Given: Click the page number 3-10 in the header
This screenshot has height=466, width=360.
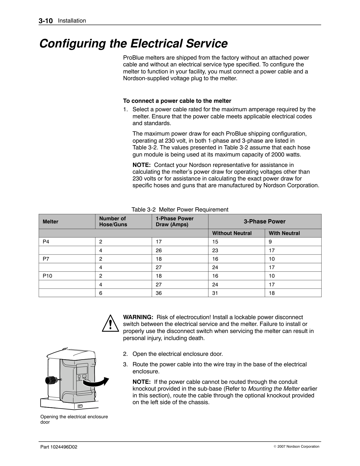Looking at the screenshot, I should click(x=46, y=21).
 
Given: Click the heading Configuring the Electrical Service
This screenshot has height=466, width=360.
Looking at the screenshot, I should click(x=133, y=44).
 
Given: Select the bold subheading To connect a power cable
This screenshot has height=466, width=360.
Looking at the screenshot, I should click(x=177, y=101).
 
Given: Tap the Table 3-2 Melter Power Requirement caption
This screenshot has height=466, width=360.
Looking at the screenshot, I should click(x=180, y=210).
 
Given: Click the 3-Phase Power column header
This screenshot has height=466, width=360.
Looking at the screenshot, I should click(x=265, y=221).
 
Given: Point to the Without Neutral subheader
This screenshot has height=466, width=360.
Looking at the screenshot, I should click(x=232, y=233).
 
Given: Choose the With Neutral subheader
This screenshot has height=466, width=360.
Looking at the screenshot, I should click(x=284, y=233).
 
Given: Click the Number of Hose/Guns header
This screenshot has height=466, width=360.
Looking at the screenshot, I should click(x=113, y=221).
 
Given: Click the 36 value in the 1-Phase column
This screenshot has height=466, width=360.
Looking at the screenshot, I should click(x=159, y=293).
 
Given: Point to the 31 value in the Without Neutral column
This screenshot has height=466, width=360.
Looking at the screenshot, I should click(x=215, y=293).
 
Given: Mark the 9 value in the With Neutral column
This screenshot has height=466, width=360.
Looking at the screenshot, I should click(x=270, y=242).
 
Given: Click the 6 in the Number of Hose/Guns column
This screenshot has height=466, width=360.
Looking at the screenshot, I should click(x=101, y=293).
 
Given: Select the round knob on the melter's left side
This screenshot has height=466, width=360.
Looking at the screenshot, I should click(x=51, y=380).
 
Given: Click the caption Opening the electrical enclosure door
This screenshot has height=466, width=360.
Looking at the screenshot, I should click(x=74, y=419).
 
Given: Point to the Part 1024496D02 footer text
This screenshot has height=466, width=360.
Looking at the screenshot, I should click(x=59, y=447).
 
